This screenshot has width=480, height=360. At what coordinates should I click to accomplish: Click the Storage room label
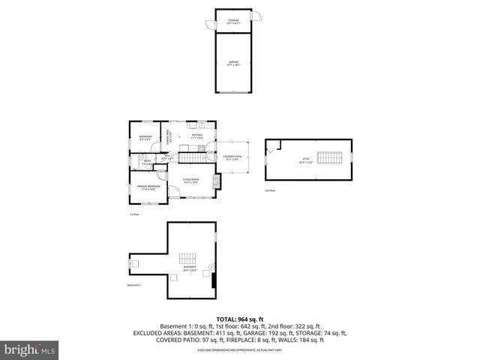pyautogui.click(x=234, y=22)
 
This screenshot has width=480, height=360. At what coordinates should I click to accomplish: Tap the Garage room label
pyautogui.click(x=234, y=64)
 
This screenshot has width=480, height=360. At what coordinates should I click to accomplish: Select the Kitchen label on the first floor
pyautogui.click(x=197, y=136)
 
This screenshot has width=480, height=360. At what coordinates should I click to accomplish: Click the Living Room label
pyautogui.click(x=190, y=181)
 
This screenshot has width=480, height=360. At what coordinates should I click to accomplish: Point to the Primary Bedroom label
pyautogui.click(x=147, y=187)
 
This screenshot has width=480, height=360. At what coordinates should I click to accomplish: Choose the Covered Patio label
pyautogui.click(x=232, y=157)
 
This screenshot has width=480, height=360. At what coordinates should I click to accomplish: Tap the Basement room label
pyautogui.click(x=190, y=268)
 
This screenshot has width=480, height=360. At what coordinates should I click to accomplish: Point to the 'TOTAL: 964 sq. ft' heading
pyautogui.click(x=240, y=319)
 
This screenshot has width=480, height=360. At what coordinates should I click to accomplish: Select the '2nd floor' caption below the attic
pyautogui.click(x=269, y=191)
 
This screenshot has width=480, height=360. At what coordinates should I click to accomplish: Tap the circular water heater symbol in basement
pyautogui.click(x=211, y=268)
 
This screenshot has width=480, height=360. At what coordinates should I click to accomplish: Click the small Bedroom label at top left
pyautogui.click(x=145, y=137)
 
